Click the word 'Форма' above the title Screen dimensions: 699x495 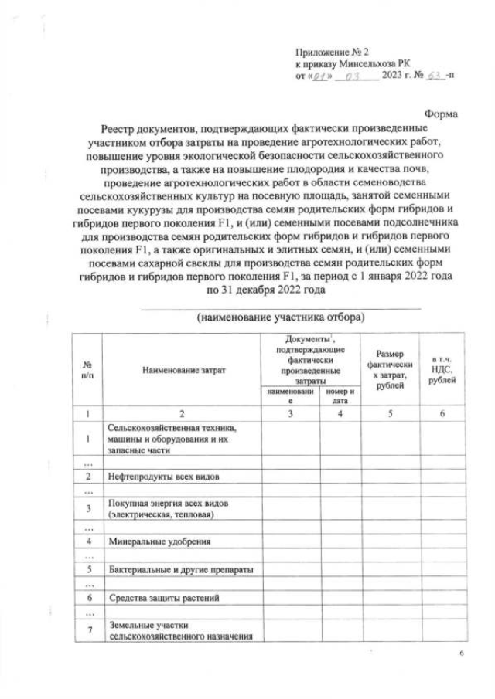[442, 114]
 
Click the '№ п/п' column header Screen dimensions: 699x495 [87, 369]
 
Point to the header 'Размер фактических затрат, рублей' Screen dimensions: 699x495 [390, 369]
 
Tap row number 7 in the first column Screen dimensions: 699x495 [88, 630]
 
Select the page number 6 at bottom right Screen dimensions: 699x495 [461, 655]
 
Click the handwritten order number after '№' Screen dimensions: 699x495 [437, 76]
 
